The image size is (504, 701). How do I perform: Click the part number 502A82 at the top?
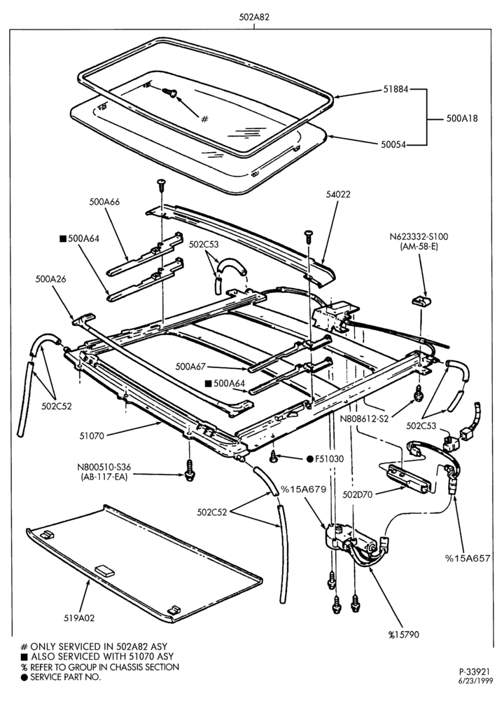pos(254,18)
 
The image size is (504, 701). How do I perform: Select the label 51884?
pos(395,90)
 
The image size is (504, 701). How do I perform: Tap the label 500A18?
pos(462,118)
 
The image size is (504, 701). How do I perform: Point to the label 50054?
pos(393,144)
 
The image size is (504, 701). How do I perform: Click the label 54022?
pos(338,194)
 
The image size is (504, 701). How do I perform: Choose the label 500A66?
pos(104,202)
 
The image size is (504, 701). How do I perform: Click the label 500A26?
pos(50,279)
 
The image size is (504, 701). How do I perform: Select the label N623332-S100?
pos(419,236)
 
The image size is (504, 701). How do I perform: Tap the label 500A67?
pos(190,367)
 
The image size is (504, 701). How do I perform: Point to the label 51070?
pos(92,435)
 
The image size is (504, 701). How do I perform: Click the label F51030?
pos(329,458)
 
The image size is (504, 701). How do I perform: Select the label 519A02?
pos(80,618)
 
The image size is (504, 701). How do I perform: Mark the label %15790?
pos(404,634)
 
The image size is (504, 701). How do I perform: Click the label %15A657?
pos(468,558)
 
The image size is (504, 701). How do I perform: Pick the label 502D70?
pos(358,494)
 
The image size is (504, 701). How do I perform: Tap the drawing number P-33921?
pos(474,672)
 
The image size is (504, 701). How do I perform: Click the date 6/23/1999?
pos(474,681)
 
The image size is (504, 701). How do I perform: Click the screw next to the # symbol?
pos(170,92)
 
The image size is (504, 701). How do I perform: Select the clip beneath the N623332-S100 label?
pos(421,301)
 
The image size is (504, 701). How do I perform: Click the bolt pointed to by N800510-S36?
pos(189,470)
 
